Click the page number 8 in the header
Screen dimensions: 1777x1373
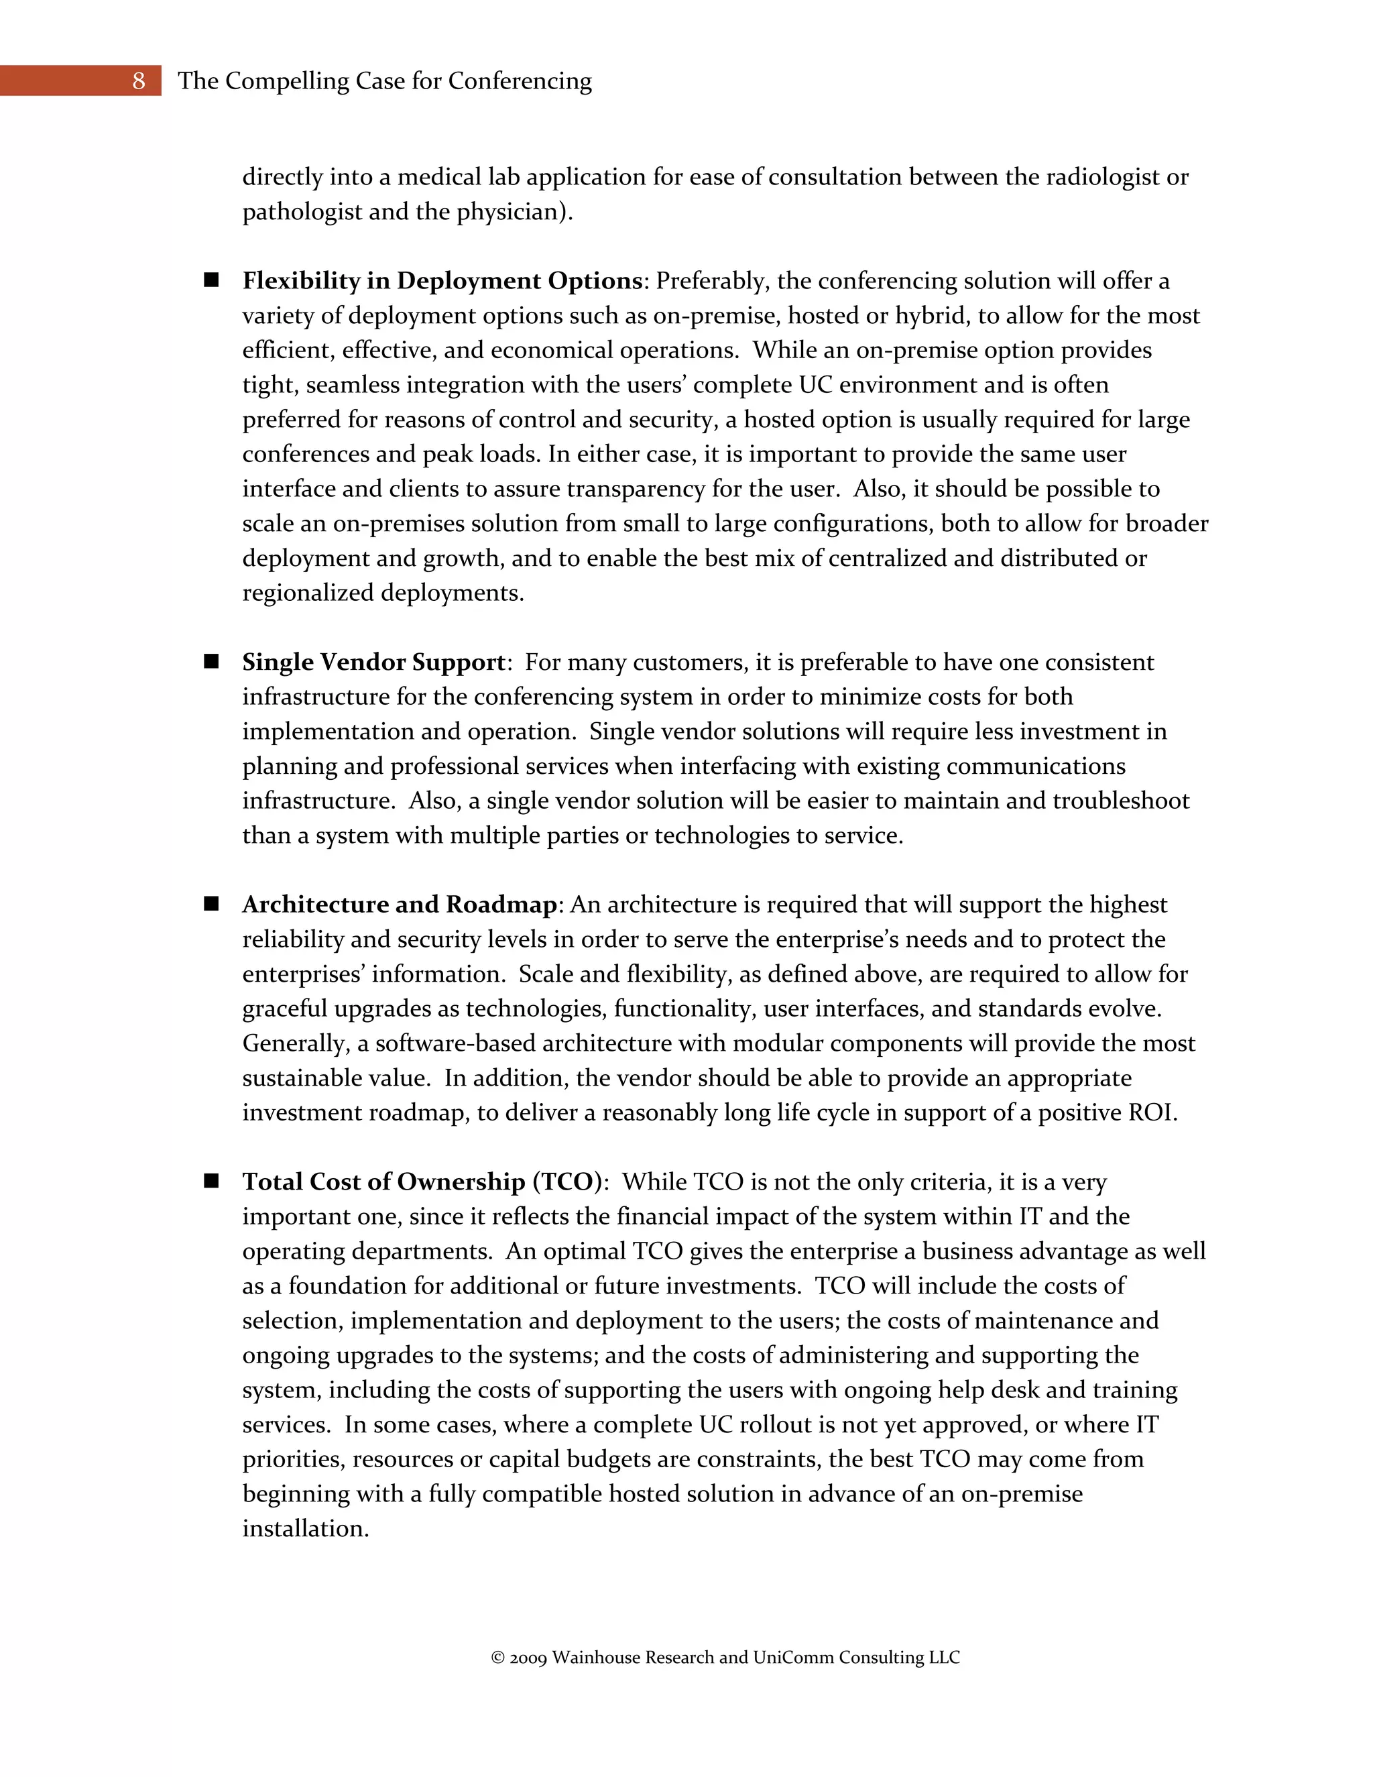[x=138, y=80]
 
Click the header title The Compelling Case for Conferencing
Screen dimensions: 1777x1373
[x=385, y=80]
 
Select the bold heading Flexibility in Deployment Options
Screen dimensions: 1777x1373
[x=442, y=281]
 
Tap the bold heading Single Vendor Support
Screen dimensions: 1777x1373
[x=373, y=663]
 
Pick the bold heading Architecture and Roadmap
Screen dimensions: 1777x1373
[x=400, y=905]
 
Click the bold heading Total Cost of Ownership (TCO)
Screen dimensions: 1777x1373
[x=421, y=1182]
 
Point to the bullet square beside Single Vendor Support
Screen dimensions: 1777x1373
[x=211, y=661]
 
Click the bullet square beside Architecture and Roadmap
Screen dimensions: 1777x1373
[x=211, y=904]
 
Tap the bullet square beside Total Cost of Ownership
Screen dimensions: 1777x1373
[x=211, y=1182]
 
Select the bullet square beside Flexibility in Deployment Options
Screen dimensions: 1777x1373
[x=211, y=280]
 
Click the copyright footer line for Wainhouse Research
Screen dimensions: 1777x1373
[x=725, y=1658]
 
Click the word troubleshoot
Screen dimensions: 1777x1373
[x=1121, y=801]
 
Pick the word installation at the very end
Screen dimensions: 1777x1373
[x=305, y=1529]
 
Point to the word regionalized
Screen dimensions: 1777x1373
[x=308, y=593]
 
